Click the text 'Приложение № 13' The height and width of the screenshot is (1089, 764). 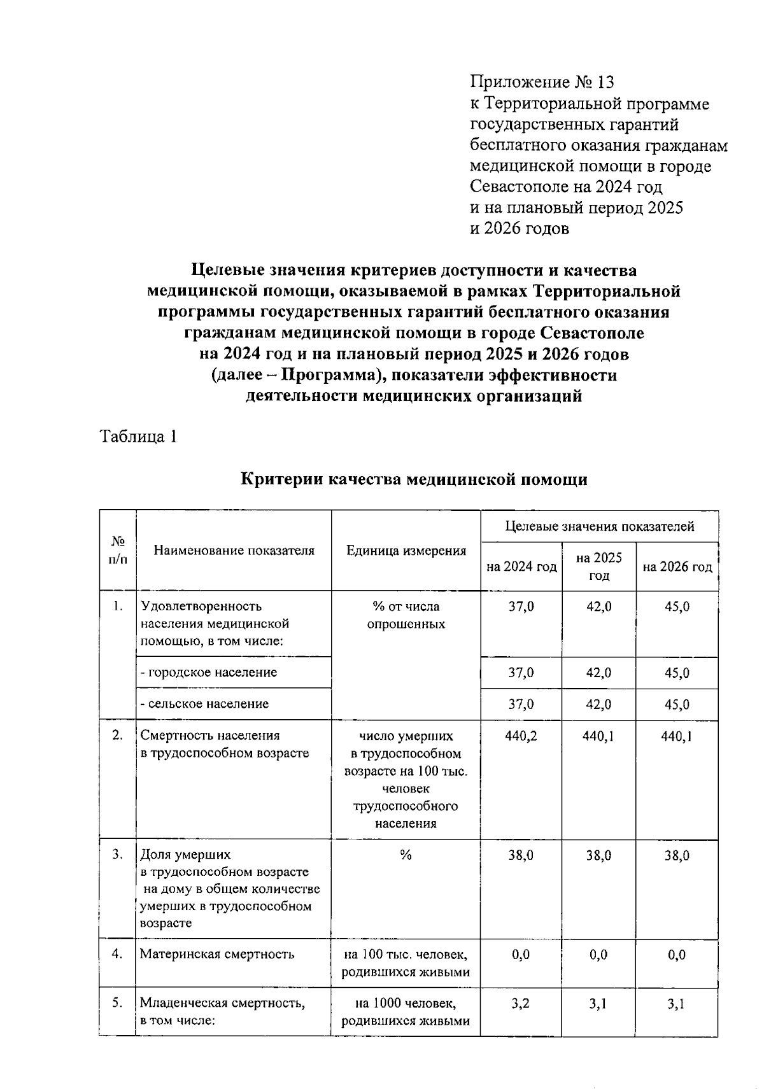point(542,82)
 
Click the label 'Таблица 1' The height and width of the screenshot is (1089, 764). point(138,437)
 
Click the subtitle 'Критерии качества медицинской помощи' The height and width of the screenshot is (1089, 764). point(414,479)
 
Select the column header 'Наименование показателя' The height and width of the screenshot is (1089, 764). point(234,551)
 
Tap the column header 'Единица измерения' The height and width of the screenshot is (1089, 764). point(406,551)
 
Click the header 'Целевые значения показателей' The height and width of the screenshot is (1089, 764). point(599,526)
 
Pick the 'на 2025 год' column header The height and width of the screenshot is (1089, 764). point(598,566)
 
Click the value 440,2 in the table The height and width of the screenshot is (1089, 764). point(521,736)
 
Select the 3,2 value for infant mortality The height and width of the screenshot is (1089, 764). point(521,1004)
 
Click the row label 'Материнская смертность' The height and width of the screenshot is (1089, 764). point(217,954)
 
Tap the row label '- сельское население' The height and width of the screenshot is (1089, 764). point(204,704)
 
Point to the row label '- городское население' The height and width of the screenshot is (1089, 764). point(208,673)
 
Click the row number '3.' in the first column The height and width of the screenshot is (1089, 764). point(117,855)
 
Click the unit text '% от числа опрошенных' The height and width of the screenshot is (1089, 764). point(406,615)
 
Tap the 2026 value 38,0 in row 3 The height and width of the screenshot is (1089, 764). point(677,855)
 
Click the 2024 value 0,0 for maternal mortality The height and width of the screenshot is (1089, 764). point(521,955)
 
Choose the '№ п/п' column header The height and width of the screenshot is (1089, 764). point(118,551)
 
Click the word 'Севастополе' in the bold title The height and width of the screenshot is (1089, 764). point(591,333)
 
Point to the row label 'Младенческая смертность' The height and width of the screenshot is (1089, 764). point(222,1004)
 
